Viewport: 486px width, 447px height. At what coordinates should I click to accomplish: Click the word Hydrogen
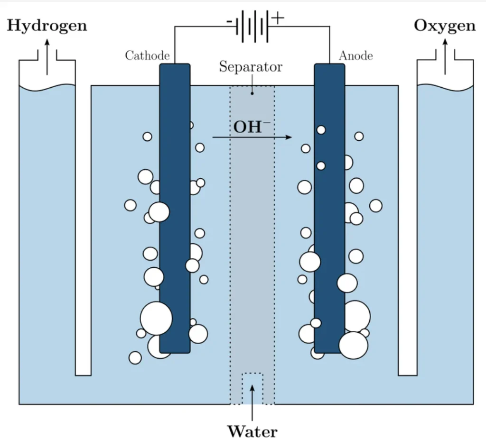47,26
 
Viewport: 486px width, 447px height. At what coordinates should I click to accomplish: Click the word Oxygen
445,26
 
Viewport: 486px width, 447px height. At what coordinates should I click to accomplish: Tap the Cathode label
147,55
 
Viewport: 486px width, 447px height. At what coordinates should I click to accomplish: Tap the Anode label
355,55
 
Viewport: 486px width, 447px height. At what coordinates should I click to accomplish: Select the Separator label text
251,67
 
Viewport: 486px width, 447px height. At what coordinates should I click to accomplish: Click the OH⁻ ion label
252,127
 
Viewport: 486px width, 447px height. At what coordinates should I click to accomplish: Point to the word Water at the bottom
252,432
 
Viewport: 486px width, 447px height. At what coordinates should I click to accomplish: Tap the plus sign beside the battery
278,18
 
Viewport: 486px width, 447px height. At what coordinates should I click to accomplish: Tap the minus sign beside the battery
229,21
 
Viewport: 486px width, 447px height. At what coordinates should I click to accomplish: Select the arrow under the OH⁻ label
252,137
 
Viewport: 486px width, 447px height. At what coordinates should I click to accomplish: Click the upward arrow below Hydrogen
47,57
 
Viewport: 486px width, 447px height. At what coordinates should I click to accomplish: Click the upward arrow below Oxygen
445,57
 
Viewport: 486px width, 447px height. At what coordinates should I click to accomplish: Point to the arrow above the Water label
252,398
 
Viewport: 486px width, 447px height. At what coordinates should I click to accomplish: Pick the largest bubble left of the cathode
156,318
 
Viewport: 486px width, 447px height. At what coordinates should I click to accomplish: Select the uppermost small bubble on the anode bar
321,130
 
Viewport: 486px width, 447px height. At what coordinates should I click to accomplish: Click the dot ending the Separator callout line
252,93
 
